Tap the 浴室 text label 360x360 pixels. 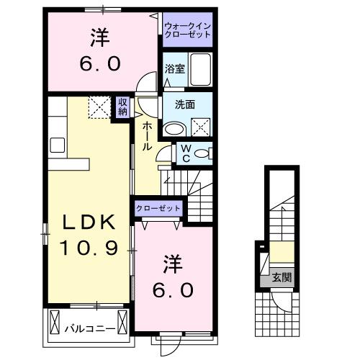tap(174, 71)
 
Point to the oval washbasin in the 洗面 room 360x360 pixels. tap(174, 129)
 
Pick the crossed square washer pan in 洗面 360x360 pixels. tap(202, 127)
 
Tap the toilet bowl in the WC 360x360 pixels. tap(202, 153)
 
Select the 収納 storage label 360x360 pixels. tap(123, 107)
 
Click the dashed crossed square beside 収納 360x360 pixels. tap(98, 107)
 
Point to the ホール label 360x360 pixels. tap(146, 135)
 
